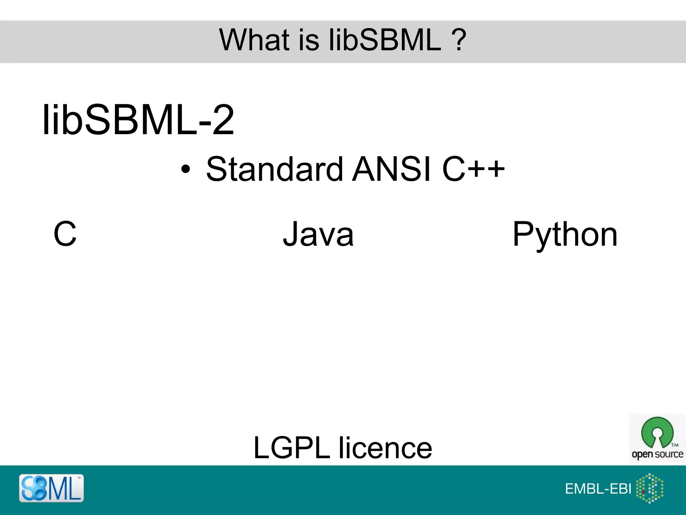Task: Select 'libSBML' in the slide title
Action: [x=385, y=40]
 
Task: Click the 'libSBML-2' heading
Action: [x=138, y=120]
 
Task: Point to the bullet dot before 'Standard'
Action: [x=185, y=169]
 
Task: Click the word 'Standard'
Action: [x=275, y=169]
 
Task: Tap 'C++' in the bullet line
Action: [x=473, y=169]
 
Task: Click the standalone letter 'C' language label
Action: [x=65, y=234]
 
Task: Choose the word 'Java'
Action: [x=318, y=234]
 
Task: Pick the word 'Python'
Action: [x=565, y=235]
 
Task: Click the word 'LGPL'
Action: [x=292, y=448]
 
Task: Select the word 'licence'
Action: [x=385, y=448]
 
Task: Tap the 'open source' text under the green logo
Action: [x=657, y=454]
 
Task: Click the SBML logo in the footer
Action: [x=51, y=488]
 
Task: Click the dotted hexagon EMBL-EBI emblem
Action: [x=649, y=488]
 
